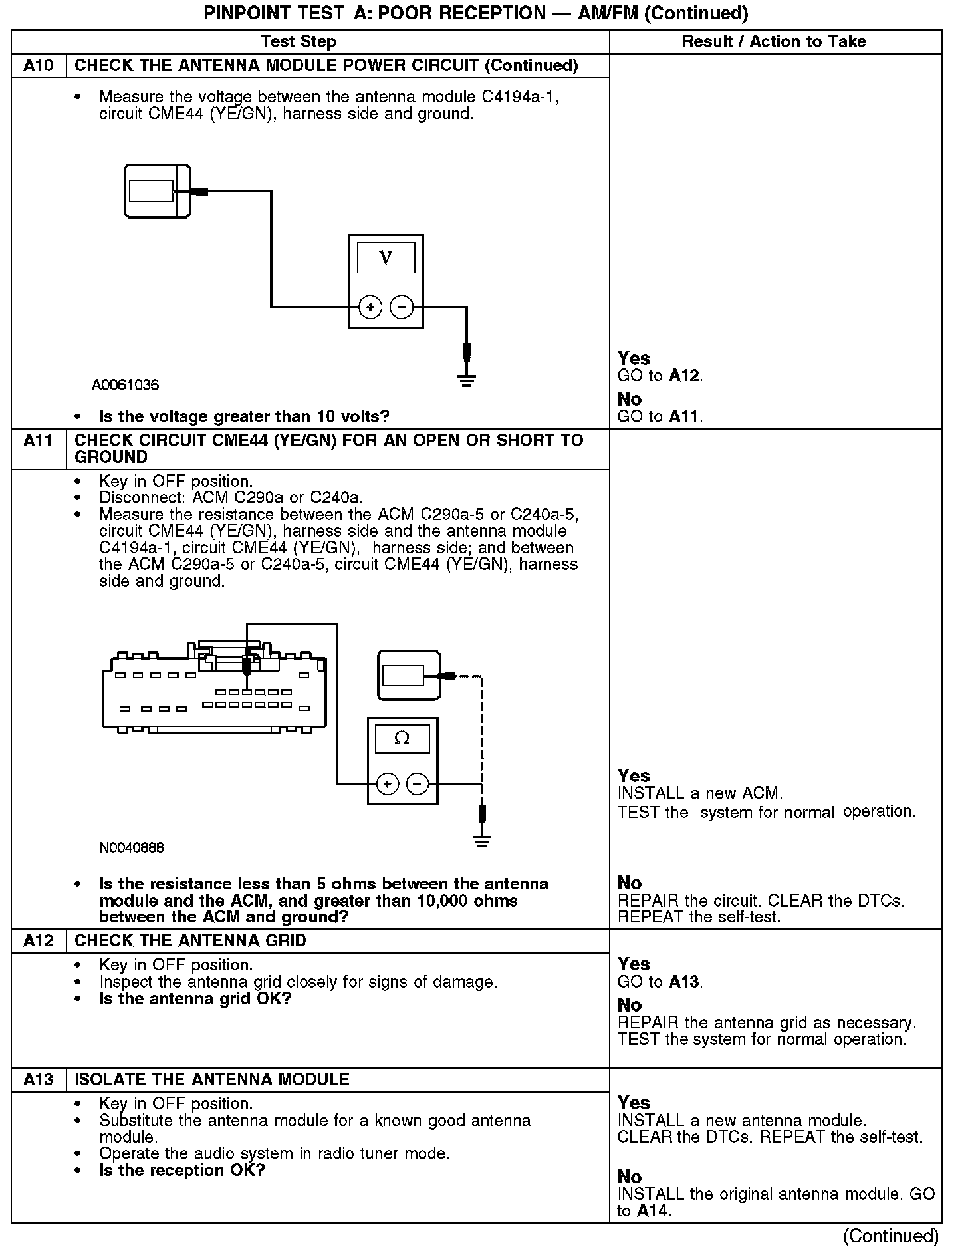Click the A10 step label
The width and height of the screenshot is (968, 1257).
(x=39, y=66)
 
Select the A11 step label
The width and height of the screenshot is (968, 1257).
(x=39, y=440)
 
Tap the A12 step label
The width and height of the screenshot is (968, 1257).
(x=39, y=941)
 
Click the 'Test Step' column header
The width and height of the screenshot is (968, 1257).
(x=299, y=42)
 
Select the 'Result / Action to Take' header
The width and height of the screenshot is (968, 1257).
(x=775, y=42)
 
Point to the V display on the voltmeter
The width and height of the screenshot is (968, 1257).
(x=386, y=257)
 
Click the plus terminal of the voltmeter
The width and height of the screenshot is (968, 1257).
(x=370, y=307)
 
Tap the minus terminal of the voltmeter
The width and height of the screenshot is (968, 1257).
(x=402, y=307)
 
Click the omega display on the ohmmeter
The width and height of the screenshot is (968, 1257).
(x=402, y=739)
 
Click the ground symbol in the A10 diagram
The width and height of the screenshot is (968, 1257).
(x=467, y=380)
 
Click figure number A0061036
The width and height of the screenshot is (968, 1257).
(x=126, y=385)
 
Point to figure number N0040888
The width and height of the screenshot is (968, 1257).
(x=132, y=848)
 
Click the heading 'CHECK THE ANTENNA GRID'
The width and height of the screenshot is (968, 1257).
(x=190, y=941)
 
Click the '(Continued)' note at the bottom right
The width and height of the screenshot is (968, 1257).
(x=891, y=1236)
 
